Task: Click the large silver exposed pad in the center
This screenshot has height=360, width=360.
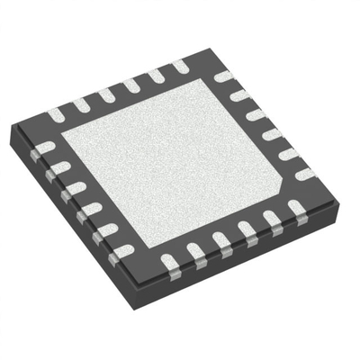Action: point(175,162)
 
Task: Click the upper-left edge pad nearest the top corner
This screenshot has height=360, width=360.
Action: point(179,66)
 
